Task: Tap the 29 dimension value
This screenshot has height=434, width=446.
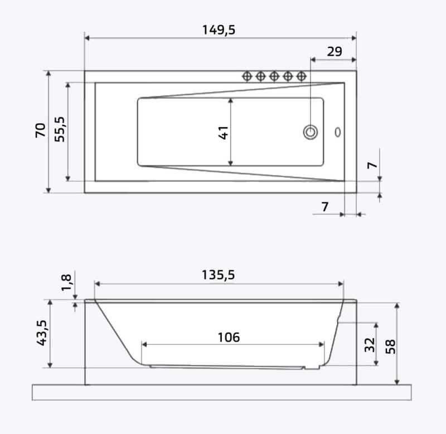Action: [x=334, y=52]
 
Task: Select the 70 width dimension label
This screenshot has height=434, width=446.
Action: [x=41, y=130]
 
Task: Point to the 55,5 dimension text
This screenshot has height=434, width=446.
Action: [x=60, y=129]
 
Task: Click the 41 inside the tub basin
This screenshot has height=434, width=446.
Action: [x=224, y=132]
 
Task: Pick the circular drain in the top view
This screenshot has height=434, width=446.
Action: [x=311, y=132]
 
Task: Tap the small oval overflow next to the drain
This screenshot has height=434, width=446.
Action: [x=337, y=132]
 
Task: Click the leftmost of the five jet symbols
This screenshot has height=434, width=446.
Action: [x=247, y=76]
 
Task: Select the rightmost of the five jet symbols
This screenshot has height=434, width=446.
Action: [x=302, y=76]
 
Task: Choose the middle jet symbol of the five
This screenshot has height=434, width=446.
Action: [x=274, y=76]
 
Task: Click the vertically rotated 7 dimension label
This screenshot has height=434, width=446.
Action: [x=373, y=165]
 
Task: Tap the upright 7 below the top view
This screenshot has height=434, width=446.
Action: [x=325, y=207]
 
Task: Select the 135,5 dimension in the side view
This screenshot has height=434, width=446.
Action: [x=219, y=275]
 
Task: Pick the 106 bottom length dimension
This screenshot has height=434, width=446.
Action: [x=229, y=337]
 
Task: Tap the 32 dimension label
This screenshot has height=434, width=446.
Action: [x=370, y=344]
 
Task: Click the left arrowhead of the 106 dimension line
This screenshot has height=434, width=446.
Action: [x=144, y=345]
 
